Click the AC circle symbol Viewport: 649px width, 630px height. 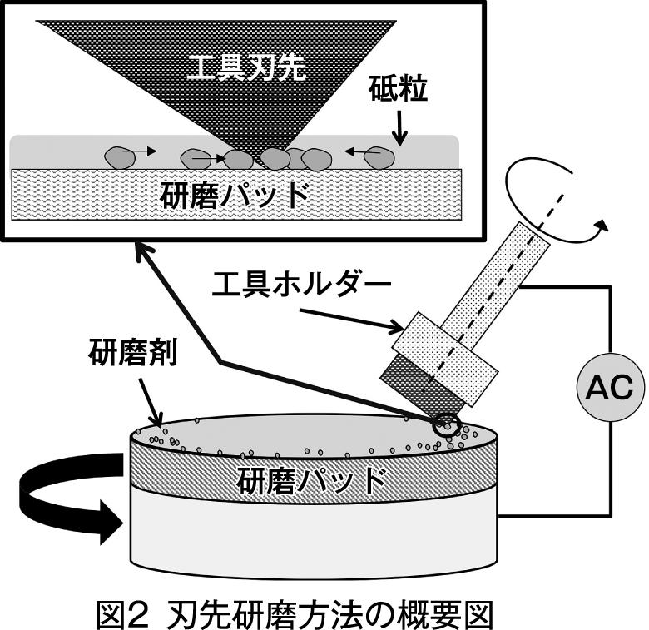click(x=610, y=388)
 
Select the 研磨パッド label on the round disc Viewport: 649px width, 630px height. click(x=312, y=480)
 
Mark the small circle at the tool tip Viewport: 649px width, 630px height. click(x=447, y=423)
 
